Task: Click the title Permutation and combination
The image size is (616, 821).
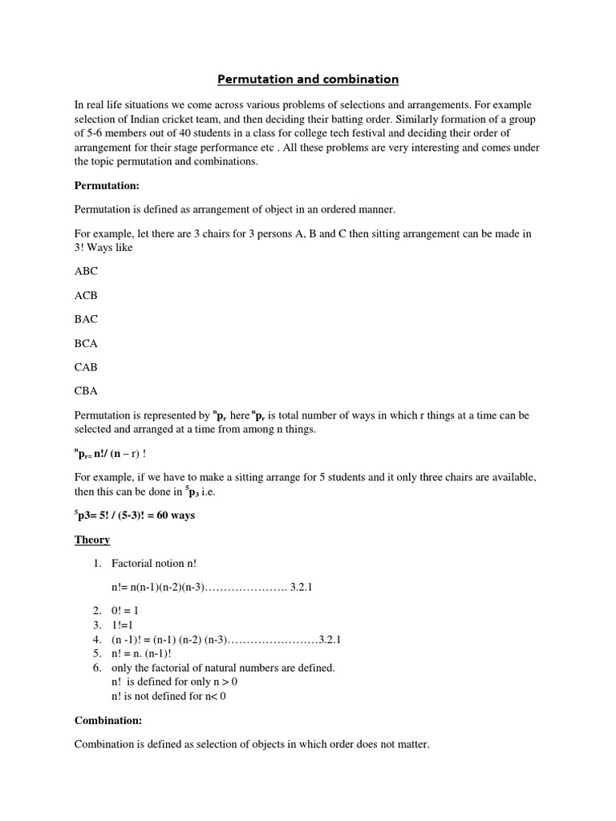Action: tap(308, 79)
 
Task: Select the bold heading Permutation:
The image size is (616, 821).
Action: tap(107, 185)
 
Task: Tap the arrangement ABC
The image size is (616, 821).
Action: tap(86, 271)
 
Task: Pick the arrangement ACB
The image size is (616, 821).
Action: tap(86, 295)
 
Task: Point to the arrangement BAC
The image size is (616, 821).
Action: tap(86, 319)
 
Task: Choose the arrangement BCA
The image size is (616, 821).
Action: tap(86, 343)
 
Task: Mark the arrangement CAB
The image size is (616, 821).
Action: tap(86, 367)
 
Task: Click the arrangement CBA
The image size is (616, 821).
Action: tap(86, 391)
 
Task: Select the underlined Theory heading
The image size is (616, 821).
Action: tap(92, 540)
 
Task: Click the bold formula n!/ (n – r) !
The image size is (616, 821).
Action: tap(121, 454)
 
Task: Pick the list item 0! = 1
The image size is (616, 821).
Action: tap(126, 610)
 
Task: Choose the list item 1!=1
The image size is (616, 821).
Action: tap(123, 624)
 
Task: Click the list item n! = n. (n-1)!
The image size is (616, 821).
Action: tap(142, 653)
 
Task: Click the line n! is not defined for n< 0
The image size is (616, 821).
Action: tap(169, 696)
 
